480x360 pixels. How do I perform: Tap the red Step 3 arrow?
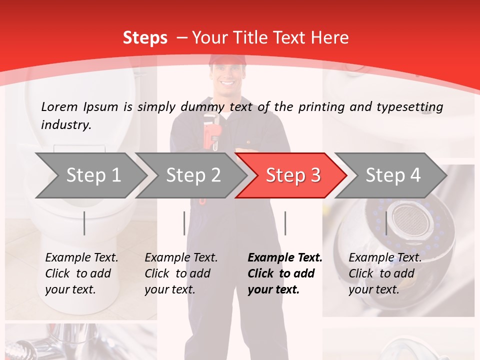click(292, 175)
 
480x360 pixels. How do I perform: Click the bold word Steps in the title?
click(145, 37)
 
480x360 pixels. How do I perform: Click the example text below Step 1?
click(81, 273)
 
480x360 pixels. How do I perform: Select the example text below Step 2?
click(181, 273)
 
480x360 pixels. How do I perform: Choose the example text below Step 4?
click(385, 273)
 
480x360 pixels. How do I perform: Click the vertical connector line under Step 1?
click(84, 223)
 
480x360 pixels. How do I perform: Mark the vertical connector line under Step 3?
click(285, 223)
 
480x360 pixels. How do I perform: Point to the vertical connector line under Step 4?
click(386, 223)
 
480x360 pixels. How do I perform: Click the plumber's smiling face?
click(227, 77)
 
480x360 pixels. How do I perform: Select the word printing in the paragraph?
click(318, 106)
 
